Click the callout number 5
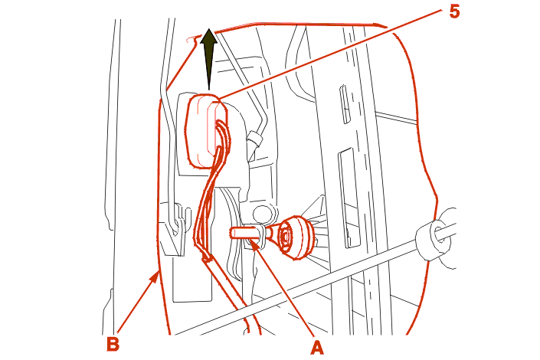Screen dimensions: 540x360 click(x=454, y=12)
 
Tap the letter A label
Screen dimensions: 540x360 click(x=317, y=347)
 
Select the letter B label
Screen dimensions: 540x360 click(x=113, y=343)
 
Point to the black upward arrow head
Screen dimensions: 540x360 click(x=208, y=38)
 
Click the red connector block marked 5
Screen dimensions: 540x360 click(x=205, y=131)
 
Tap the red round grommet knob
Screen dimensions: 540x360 click(x=296, y=237)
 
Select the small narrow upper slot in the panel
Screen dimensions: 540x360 click(x=345, y=104)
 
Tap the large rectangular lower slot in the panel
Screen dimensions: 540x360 click(x=349, y=198)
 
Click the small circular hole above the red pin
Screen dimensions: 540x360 click(x=263, y=214)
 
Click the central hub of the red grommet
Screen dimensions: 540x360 click(x=286, y=237)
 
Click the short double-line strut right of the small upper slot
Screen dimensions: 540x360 click(x=396, y=116)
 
